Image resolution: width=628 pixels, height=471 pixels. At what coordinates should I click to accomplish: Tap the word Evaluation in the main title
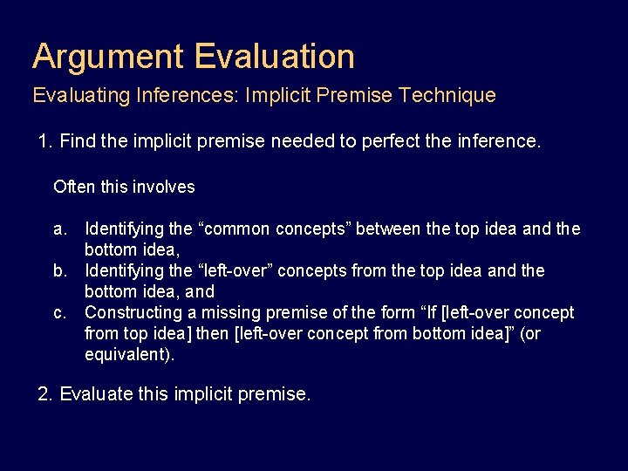(x=275, y=57)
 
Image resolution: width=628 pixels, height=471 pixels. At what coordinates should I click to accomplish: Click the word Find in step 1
(x=78, y=141)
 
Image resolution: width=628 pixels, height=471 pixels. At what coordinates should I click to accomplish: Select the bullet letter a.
(x=59, y=229)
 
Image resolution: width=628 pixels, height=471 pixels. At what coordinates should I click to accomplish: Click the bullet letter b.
(x=59, y=271)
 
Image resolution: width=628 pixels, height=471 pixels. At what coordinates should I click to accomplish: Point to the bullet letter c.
(x=59, y=313)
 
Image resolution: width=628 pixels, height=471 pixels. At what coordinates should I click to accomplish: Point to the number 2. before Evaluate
(x=45, y=394)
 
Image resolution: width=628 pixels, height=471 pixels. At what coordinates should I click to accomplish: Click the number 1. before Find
(x=45, y=141)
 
